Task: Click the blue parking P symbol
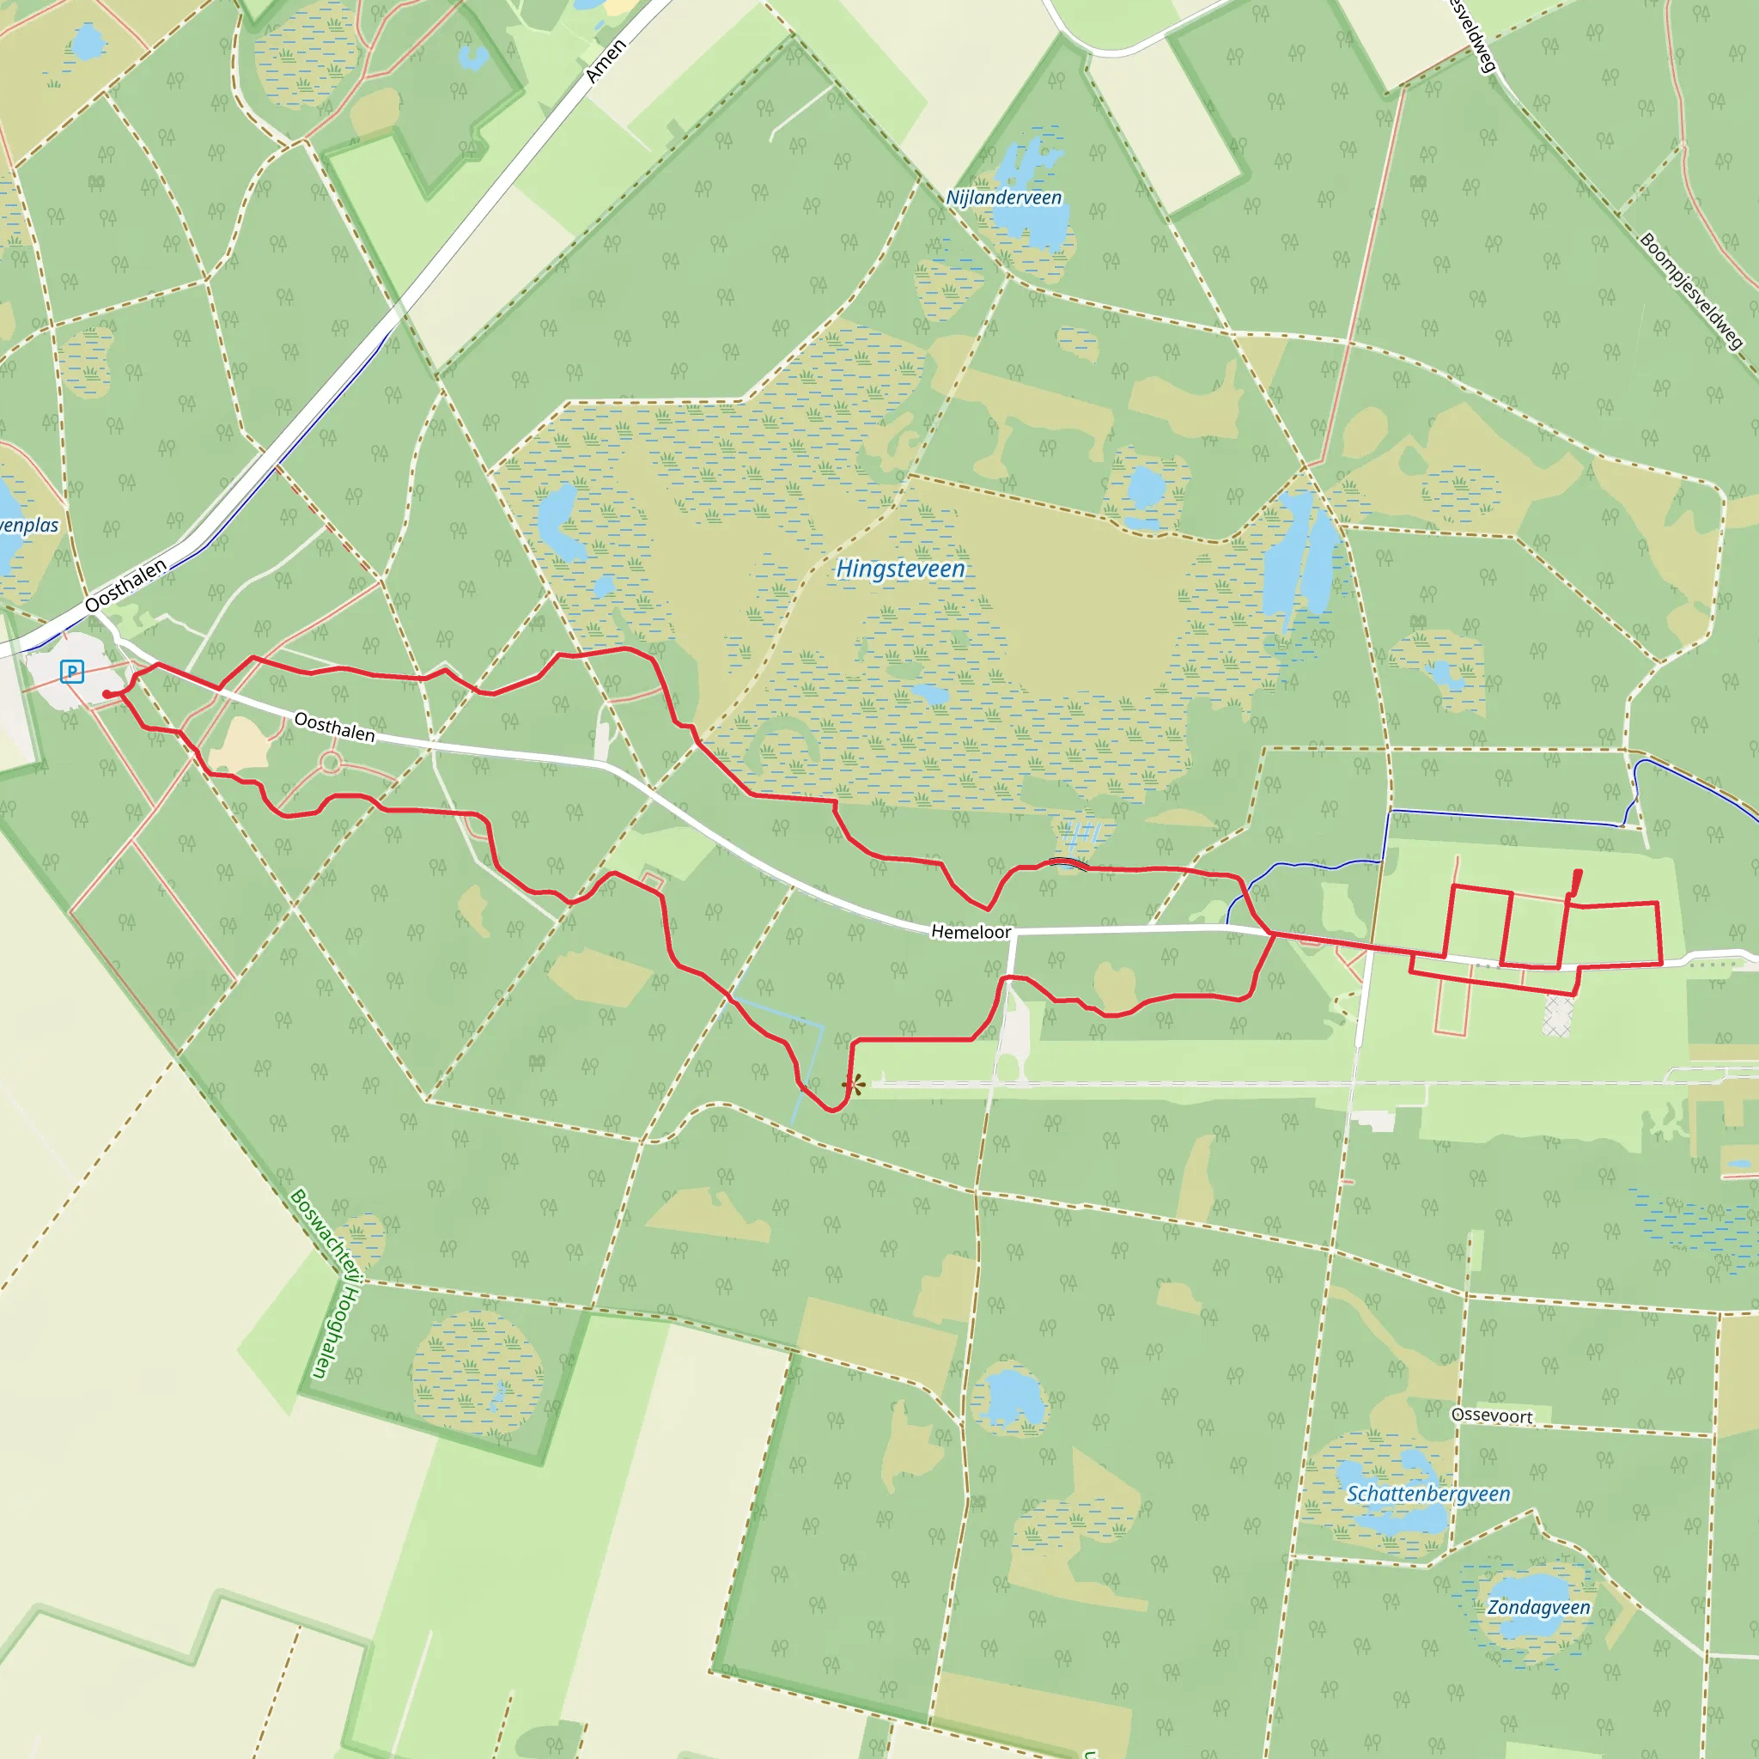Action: pyautogui.click(x=72, y=672)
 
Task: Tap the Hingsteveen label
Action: pyautogui.click(x=900, y=569)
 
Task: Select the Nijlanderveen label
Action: pyautogui.click(x=1003, y=198)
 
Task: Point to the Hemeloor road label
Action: pyautogui.click(x=971, y=931)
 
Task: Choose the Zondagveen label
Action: pyautogui.click(x=1537, y=1607)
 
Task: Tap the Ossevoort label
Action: pyautogui.click(x=1491, y=1415)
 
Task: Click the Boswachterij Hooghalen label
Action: pyautogui.click(x=326, y=1284)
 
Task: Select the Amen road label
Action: pyautogui.click(x=606, y=62)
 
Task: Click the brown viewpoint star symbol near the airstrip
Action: pyautogui.click(x=853, y=1083)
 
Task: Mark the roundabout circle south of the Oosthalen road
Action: pyautogui.click(x=331, y=763)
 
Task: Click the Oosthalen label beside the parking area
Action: pyautogui.click(x=125, y=586)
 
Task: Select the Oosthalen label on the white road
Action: pyautogui.click(x=334, y=727)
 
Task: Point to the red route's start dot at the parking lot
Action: pyautogui.click(x=107, y=695)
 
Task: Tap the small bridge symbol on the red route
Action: pyautogui.click(x=1068, y=863)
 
